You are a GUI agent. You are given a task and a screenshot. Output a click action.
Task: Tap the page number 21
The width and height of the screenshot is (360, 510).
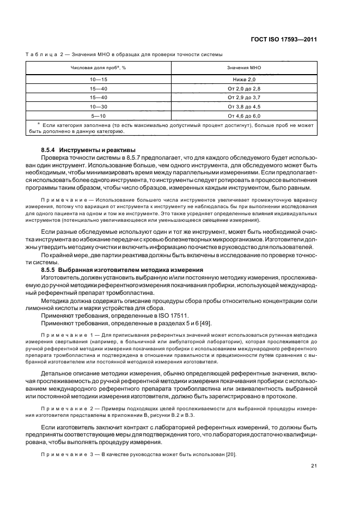pos(314,465)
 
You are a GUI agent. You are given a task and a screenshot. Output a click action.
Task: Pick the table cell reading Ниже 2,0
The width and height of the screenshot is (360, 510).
pos(245,80)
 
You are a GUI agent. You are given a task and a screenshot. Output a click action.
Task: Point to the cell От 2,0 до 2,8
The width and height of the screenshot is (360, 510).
pos(245,88)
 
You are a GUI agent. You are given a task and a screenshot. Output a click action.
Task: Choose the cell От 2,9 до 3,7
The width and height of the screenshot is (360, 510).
pos(245,97)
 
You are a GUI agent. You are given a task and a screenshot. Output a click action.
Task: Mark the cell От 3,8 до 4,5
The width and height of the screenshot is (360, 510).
pos(245,106)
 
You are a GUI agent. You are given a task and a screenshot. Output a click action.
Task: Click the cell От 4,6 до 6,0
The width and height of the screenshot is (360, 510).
pos(245,116)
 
